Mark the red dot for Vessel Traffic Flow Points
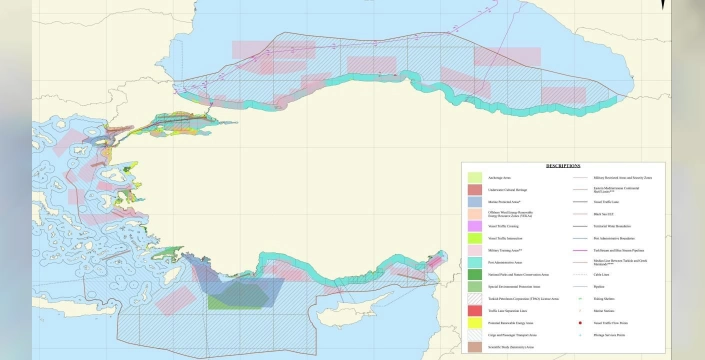pos(580,323)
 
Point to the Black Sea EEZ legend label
pos(603,214)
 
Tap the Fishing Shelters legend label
pos(604,298)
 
